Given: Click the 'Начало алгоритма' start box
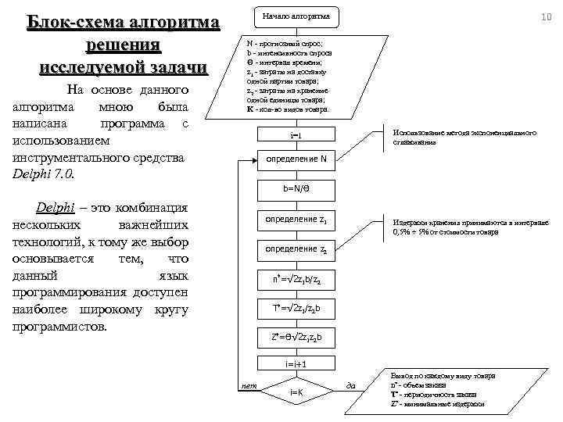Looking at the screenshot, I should pyautogui.click(x=296, y=16).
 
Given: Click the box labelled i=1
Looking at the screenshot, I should pyautogui.click(x=296, y=137).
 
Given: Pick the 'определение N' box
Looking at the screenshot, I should pyautogui.click(x=296, y=159).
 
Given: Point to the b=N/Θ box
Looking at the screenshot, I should pyautogui.click(x=296, y=188).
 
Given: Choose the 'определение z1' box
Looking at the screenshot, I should pyautogui.click(x=296, y=220).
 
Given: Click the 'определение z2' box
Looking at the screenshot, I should pyautogui.click(x=296, y=249).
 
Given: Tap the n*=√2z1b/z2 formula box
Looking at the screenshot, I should pyautogui.click(x=296, y=279).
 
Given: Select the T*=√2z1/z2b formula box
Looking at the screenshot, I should pyautogui.click(x=296, y=308).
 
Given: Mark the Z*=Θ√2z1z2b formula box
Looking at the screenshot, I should pyautogui.click(x=296, y=338).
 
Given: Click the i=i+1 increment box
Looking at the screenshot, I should pyautogui.click(x=296, y=363).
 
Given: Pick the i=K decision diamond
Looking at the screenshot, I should pyautogui.click(x=296, y=391).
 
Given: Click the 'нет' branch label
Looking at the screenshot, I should pyautogui.click(x=249, y=385).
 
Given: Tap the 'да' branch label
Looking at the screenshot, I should pyautogui.click(x=350, y=385).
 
